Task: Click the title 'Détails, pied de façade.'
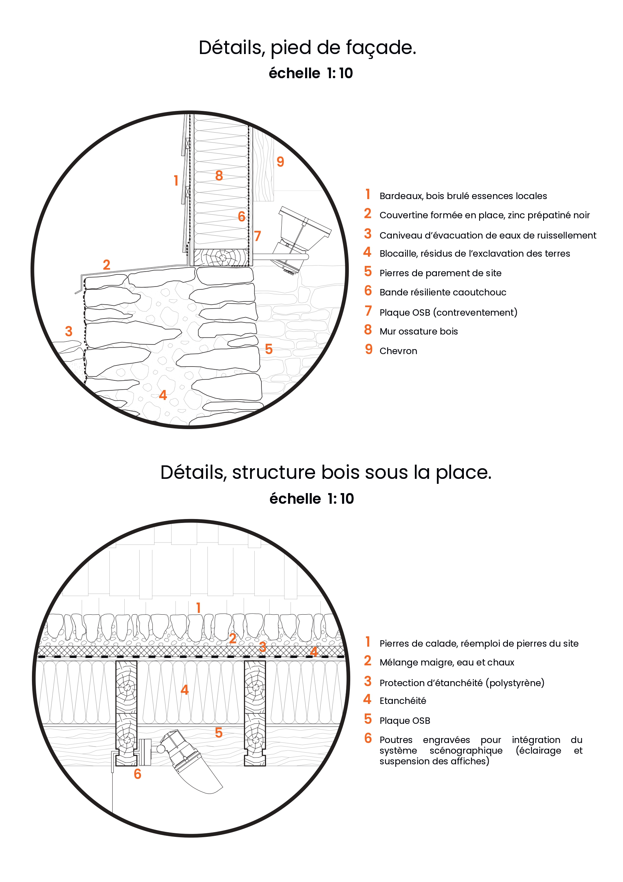307,48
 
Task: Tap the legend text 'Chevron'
398,351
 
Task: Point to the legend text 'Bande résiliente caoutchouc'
443,292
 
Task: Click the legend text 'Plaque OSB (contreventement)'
448,312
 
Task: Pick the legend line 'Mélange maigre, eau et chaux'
446,662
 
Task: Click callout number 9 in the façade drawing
281,162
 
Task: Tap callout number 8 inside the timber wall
219,176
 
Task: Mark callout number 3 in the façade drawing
69,331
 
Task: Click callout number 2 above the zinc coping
107,265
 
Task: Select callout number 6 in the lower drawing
137,774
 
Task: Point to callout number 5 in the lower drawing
219,733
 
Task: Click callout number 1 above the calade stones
199,608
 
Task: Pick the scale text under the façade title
310,73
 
